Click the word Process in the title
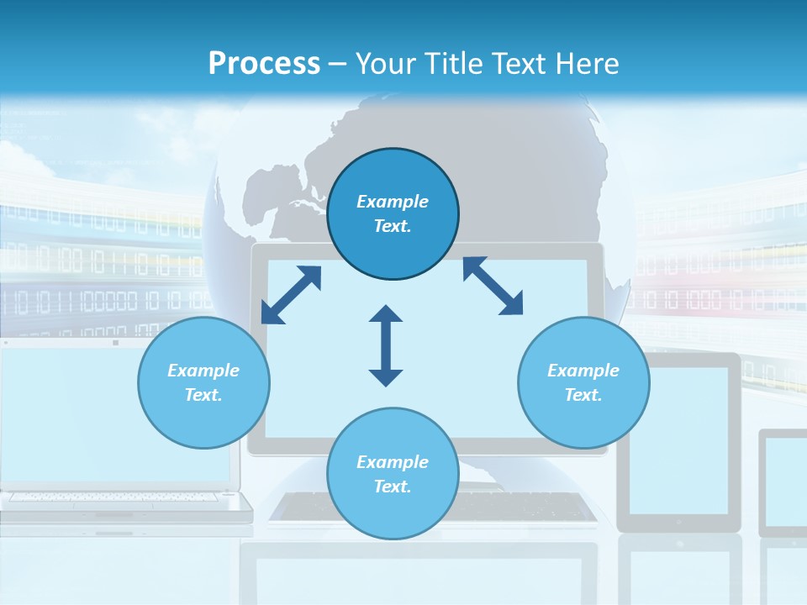(x=264, y=63)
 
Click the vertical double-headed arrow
(x=386, y=346)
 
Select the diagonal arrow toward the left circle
(x=291, y=295)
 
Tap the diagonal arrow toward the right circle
(x=493, y=286)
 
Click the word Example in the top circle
(x=393, y=202)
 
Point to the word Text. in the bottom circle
(x=393, y=487)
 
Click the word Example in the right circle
(x=583, y=371)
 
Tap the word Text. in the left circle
(x=203, y=395)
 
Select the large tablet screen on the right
(x=679, y=440)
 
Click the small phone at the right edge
(x=783, y=482)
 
